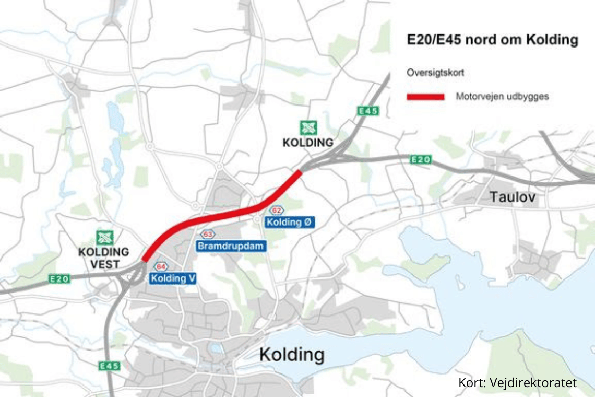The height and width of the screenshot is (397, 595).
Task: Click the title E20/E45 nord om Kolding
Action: coord(493,40)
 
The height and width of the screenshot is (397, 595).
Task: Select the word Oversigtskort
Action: coord(435,73)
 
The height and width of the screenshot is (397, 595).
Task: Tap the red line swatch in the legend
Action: coord(425,97)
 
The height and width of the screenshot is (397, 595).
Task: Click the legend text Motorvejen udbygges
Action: coord(502,97)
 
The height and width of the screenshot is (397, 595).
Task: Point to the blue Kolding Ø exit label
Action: coord(291,223)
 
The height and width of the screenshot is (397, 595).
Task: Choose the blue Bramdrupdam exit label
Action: coord(232,246)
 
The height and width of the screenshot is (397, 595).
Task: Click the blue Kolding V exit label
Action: coord(173,278)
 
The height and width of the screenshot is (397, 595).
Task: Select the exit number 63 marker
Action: coord(208,235)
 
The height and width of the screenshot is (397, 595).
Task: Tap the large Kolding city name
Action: coord(292,355)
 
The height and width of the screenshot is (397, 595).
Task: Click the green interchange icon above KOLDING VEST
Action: coord(104,238)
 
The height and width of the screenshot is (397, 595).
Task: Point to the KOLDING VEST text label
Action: coord(99,258)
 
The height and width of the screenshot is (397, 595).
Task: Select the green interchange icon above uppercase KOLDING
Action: coord(308,127)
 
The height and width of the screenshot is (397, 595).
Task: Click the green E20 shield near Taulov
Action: coord(421,159)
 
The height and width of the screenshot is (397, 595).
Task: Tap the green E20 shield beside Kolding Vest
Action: coord(59,279)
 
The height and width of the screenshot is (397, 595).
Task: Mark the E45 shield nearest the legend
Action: coord(368,111)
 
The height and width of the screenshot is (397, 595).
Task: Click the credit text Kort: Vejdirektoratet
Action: coord(518,383)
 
